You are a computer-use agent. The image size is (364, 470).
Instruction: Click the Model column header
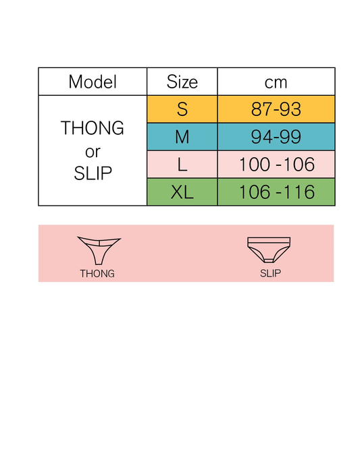point(93,82)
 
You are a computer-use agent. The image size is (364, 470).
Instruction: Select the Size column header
point(182,82)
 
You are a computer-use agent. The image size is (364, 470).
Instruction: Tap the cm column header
point(276,82)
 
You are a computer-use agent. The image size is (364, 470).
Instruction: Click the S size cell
point(182,109)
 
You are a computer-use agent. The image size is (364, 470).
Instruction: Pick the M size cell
point(182,137)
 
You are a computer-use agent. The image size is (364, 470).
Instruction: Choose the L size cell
point(182,165)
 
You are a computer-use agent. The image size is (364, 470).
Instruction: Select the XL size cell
point(182,192)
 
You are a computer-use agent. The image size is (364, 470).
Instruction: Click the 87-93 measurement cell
point(276,109)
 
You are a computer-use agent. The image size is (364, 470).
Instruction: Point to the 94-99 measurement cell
point(276,137)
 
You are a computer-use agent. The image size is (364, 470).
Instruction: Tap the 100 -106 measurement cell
point(276,165)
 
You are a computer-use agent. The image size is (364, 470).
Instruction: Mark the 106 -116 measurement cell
point(276,192)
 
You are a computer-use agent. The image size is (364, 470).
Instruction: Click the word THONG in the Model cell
point(93,128)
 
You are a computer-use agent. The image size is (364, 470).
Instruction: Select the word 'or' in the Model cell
point(93,152)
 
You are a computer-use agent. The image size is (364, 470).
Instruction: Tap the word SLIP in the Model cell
point(93,173)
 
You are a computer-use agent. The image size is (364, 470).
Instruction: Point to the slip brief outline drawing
point(269,249)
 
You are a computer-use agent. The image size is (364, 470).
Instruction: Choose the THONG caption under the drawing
point(97,273)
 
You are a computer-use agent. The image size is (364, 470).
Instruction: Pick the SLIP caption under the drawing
point(270,273)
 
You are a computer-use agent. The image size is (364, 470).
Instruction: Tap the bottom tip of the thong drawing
point(99,264)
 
